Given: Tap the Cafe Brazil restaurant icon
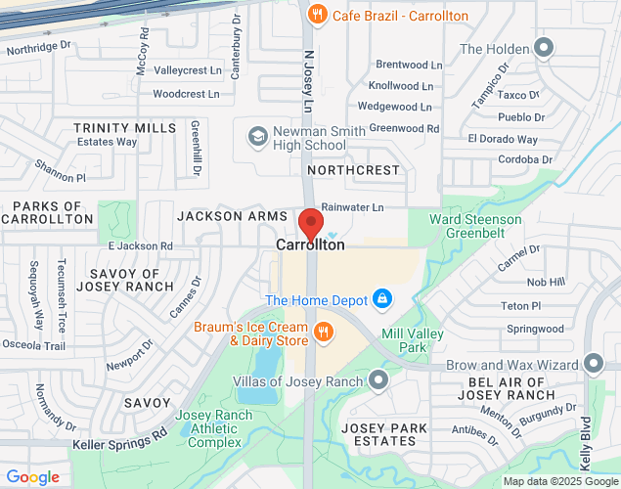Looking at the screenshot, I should [316, 15].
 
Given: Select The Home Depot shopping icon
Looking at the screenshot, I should [382, 297].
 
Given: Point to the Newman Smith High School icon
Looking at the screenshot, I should [257, 136].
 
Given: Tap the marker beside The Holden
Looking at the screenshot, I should [544, 48].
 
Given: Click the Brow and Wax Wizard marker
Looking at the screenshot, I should [593, 363].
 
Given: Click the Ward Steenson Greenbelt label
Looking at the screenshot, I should [469, 226].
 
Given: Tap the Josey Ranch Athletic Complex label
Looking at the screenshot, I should [213, 428].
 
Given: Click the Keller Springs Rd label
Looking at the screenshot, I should [119, 439].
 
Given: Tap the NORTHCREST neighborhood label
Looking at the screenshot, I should [353, 170].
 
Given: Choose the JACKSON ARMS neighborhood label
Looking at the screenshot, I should [232, 214].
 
